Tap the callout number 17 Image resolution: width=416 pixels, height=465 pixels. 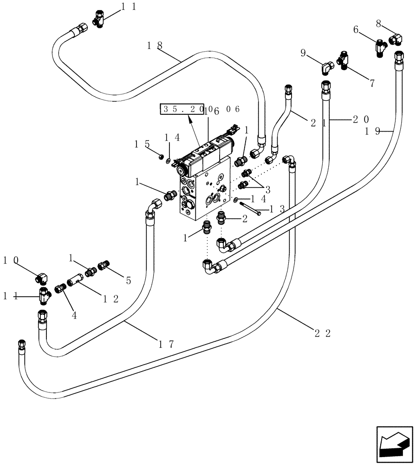(x=165, y=344)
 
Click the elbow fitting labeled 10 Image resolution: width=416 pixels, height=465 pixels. (x=42, y=278)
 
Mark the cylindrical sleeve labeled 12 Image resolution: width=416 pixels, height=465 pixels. (x=75, y=281)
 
